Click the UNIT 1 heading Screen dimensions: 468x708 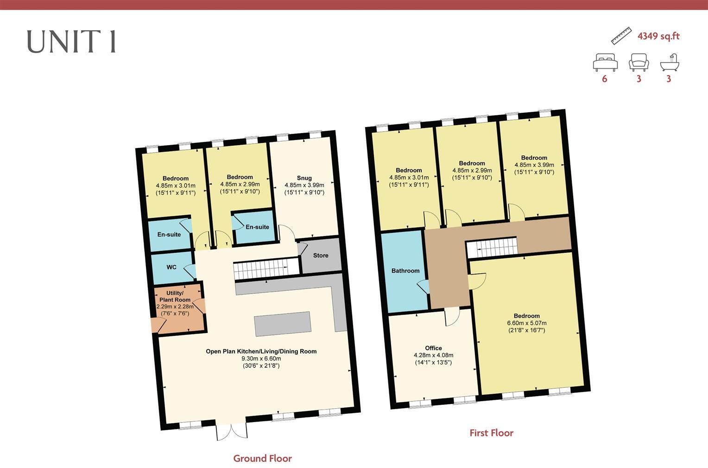(71, 42)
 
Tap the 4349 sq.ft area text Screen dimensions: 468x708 (658, 36)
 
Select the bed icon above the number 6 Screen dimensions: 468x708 (605, 63)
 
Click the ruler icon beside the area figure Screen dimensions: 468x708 (621, 36)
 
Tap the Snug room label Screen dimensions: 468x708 (304, 178)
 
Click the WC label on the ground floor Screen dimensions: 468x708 (171, 267)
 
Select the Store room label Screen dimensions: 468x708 (321, 256)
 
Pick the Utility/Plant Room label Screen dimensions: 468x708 (175, 296)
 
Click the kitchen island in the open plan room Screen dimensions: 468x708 (283, 324)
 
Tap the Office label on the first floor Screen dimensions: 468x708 (433, 348)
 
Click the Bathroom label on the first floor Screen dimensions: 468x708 (405, 270)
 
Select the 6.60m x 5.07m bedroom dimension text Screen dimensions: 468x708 (526, 323)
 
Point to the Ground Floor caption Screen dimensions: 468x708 (262, 458)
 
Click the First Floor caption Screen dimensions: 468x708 (491, 433)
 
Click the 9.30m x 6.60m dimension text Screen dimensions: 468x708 (261, 359)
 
